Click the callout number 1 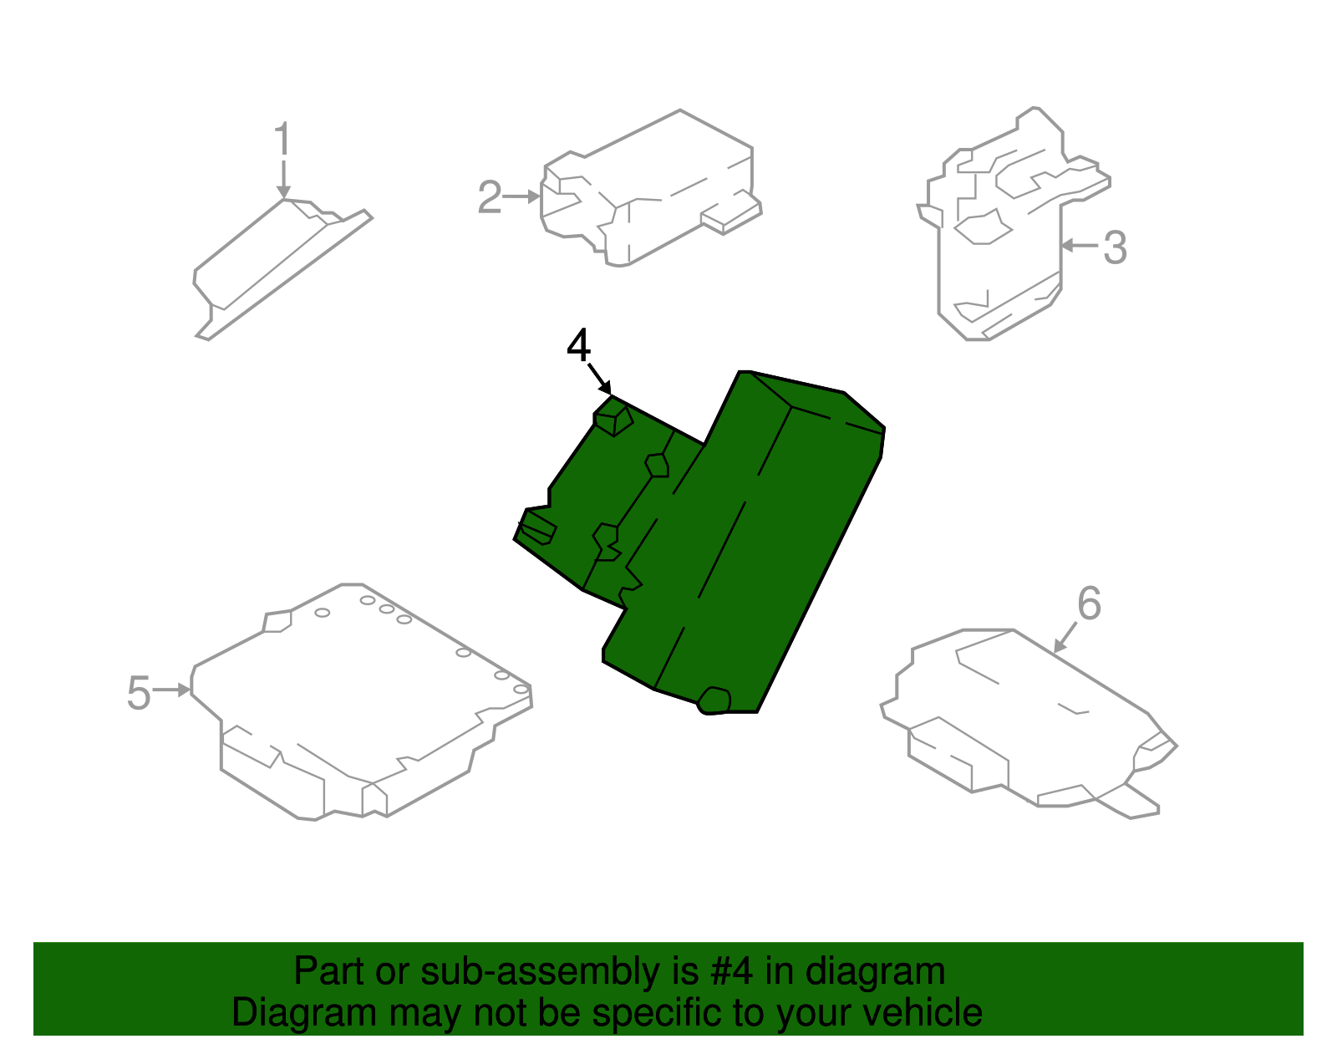283,139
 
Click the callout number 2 490,198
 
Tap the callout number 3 1115,247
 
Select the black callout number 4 578,345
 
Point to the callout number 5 139,693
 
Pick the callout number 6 1089,603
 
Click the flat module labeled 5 359,702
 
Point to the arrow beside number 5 174,690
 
